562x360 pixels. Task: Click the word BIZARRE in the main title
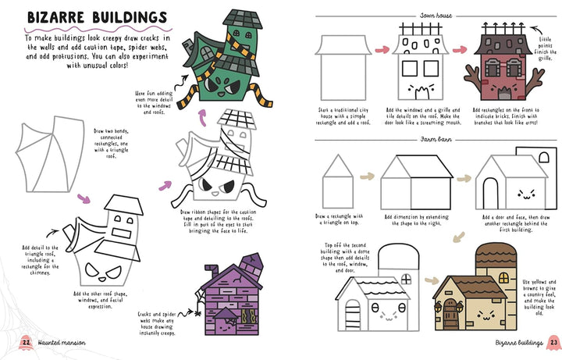tap(56, 17)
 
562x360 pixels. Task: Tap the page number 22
tap(26, 342)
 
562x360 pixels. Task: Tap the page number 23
tap(553, 342)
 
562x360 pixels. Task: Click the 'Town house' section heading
tap(436, 16)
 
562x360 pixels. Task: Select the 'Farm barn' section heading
tap(436, 139)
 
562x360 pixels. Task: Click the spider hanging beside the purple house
tap(197, 313)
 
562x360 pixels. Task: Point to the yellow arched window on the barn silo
tap(503, 277)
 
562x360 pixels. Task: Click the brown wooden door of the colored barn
tap(450, 314)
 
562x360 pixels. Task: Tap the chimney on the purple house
tap(212, 272)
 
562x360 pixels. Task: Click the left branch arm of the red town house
tap(473, 80)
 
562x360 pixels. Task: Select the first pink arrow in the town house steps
tap(382, 49)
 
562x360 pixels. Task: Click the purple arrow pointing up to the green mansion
tap(202, 118)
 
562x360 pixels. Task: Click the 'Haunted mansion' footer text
tap(62, 343)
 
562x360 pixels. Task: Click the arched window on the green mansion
tap(207, 53)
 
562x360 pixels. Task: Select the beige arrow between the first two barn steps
tap(367, 176)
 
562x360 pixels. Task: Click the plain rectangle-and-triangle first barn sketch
tap(338, 181)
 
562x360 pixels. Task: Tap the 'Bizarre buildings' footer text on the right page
tap(519, 343)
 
